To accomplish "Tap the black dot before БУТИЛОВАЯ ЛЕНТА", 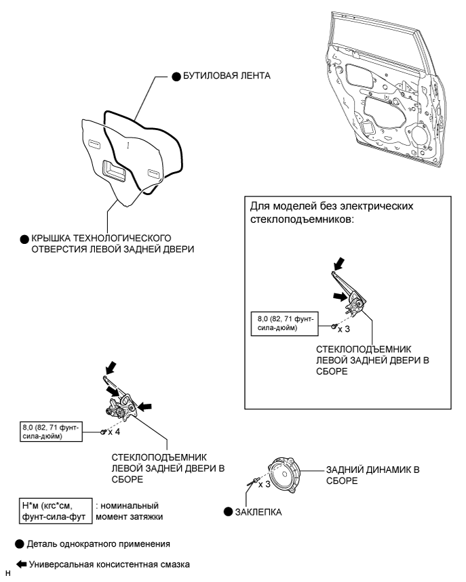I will [x=175, y=77].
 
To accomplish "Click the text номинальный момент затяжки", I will [x=130, y=510].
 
